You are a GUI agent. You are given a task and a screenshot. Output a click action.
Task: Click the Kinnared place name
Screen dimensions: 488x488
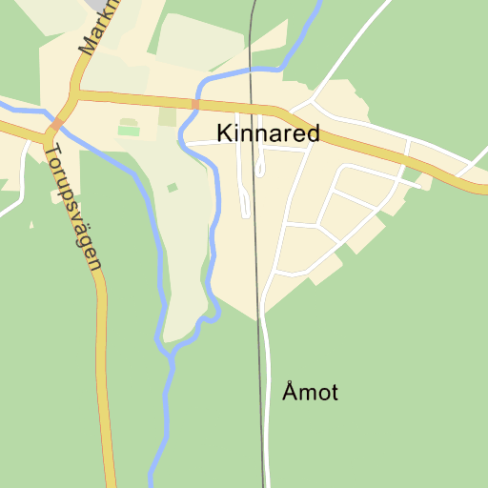[x=268, y=133]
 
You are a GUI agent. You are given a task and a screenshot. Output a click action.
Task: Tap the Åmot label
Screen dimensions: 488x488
[x=310, y=392]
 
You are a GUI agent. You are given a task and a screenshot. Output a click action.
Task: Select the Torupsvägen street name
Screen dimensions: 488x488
[x=72, y=206]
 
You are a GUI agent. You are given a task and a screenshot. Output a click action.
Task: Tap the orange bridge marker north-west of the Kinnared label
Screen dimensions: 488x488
[x=195, y=104]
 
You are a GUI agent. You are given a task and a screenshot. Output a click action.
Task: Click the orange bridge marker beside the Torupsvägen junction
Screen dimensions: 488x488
[x=56, y=124]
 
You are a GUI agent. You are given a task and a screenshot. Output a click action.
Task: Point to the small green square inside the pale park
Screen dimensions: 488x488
[x=173, y=188]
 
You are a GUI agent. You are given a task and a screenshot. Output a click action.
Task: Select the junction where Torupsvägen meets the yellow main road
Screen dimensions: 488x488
[x=45, y=134]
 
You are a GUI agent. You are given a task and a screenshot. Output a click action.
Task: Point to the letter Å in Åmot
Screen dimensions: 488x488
[x=290, y=391]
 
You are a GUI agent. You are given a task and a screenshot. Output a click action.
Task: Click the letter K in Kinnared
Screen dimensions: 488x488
[x=225, y=133]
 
